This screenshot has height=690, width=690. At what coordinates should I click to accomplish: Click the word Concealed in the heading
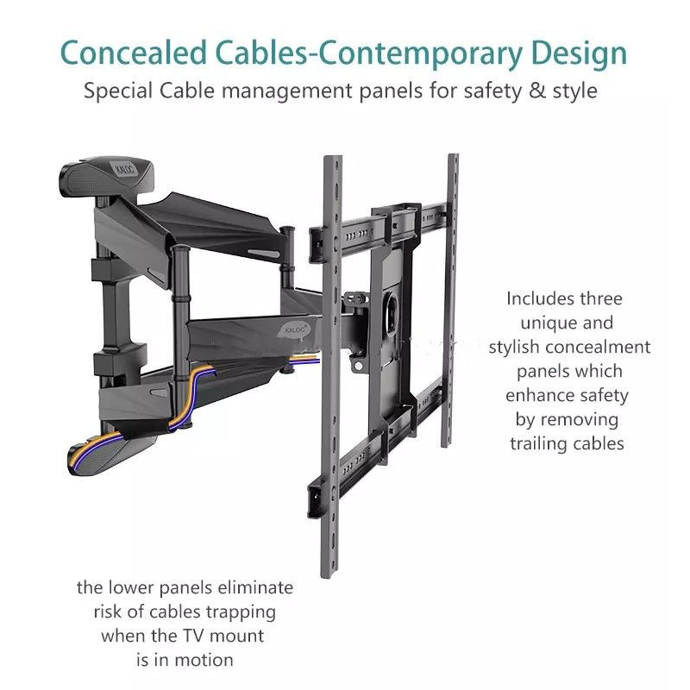coord(134,53)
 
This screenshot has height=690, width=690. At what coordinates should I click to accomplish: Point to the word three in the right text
coord(600,298)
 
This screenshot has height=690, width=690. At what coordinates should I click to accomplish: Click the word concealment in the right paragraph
coord(598,347)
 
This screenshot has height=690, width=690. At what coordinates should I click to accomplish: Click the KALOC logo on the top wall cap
coord(126,169)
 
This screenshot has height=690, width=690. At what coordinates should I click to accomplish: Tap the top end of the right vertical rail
coord(454,156)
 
